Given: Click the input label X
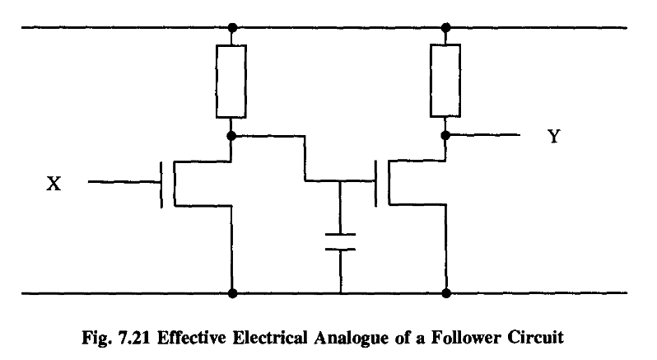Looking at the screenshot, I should [x=53, y=185].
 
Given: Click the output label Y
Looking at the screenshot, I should [x=553, y=137].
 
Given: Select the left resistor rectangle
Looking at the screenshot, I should [x=232, y=81].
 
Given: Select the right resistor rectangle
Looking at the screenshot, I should [x=445, y=81].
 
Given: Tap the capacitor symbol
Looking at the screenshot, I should [x=340, y=241].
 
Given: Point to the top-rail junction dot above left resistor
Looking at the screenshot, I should [x=232, y=28].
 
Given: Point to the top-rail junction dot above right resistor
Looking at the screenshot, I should [x=445, y=28].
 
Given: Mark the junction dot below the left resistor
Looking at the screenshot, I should [x=232, y=134].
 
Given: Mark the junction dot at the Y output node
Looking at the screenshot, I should [x=445, y=134].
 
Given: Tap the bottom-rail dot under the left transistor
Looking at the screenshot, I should [x=232, y=292].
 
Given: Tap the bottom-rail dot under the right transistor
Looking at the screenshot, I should [x=445, y=292].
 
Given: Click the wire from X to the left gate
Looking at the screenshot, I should [x=123, y=183].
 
